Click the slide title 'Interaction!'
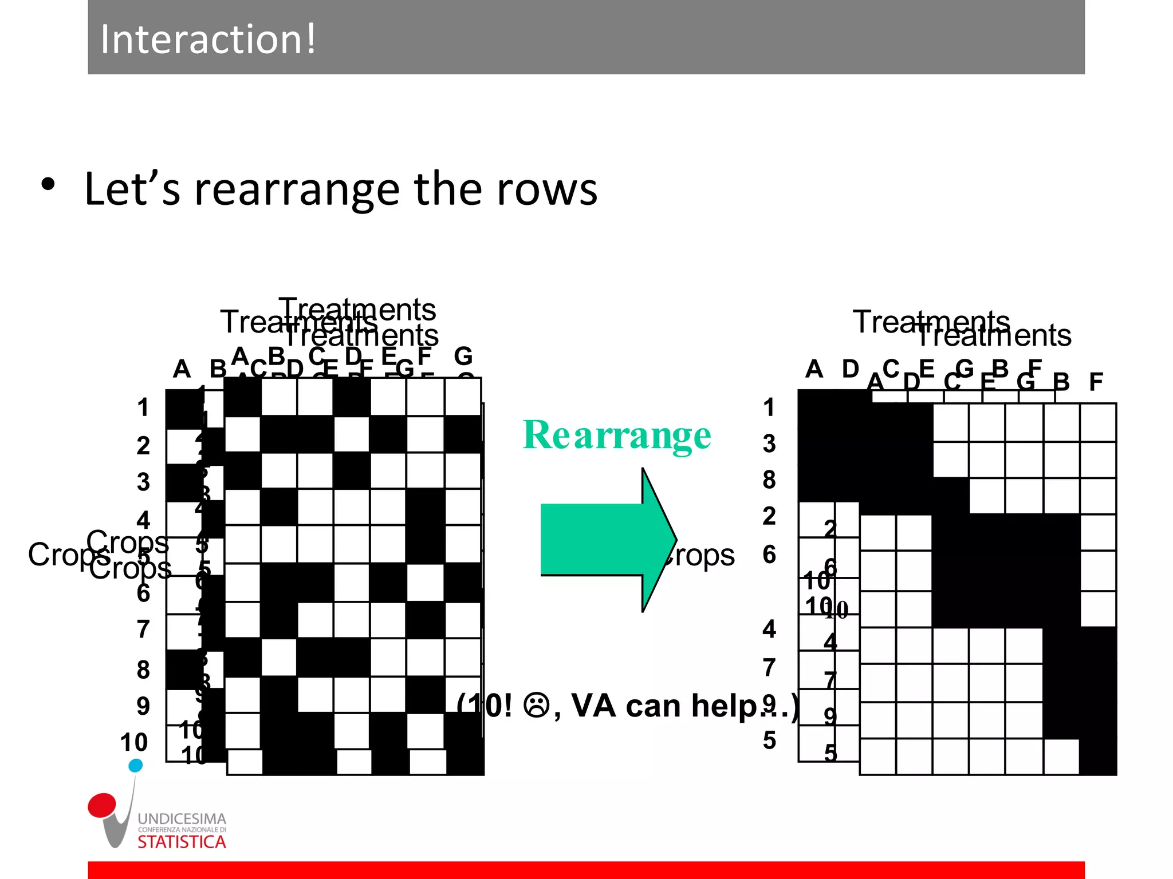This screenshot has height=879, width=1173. coord(207,39)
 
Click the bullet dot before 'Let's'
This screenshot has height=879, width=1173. coord(48,185)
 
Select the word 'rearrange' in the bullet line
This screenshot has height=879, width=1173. coord(297,189)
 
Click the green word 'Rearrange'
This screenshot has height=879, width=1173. coord(617,435)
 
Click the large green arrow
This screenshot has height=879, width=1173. coord(607,540)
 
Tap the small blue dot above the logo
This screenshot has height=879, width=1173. coord(136,765)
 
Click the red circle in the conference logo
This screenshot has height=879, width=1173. coord(102,804)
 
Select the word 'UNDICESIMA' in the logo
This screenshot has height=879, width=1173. coord(182,819)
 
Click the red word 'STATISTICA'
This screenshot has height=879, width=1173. coord(182,842)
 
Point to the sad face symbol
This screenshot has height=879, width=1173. coord(537,706)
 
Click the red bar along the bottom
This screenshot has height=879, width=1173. coord(586,870)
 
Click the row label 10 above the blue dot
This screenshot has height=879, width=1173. coord(134,742)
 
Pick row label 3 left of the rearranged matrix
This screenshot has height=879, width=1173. coord(769,444)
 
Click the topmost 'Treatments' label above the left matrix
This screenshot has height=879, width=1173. coord(357,310)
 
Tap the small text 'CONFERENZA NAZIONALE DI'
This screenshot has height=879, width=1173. coord(182,830)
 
